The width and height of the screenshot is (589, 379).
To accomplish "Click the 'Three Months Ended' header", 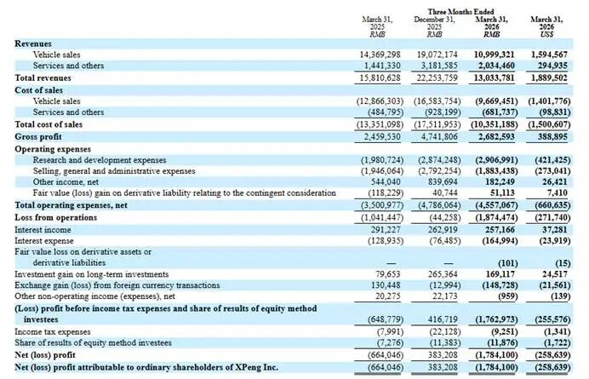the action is point(460,12).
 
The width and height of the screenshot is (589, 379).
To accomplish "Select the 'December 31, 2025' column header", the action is point(434,23).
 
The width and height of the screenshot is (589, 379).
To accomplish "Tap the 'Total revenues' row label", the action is point(43,78).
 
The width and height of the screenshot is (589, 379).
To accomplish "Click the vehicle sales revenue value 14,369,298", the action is point(380,55).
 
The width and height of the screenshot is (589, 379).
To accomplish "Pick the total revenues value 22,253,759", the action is point(437,78).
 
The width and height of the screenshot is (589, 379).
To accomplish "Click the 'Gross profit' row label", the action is point(38,136).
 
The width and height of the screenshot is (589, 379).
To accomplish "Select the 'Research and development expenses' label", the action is point(100,160).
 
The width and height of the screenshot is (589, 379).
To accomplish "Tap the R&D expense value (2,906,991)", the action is point(496,160).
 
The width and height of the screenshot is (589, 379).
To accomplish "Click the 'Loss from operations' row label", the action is point(55,217).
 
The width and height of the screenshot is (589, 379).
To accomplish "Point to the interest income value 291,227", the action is point(386,229).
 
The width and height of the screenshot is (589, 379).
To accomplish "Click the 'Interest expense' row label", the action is point(44,241).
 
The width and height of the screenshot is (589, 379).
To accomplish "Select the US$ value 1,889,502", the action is point(549,78).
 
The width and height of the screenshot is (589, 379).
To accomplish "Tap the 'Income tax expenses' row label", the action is point(53,331).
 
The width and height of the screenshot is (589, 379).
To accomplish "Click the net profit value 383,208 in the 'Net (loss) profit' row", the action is point(443,355).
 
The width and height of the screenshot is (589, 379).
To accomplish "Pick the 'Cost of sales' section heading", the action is point(38,90).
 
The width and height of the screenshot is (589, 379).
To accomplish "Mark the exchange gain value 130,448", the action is point(386,285).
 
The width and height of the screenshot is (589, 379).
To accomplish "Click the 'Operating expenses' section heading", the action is point(53,149).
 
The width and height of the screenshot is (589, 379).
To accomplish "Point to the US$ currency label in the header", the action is point(546,34).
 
